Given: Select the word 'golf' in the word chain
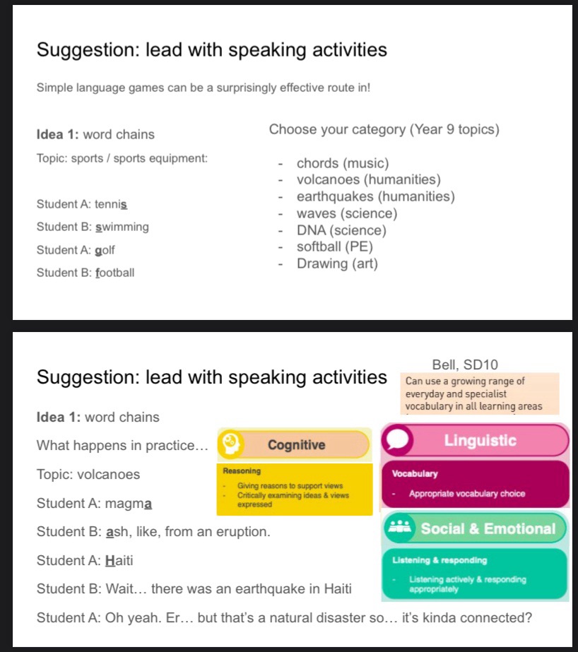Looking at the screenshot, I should coord(105,250).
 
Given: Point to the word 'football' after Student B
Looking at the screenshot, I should coord(115,273).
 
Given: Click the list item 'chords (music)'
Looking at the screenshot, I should coord(343,164).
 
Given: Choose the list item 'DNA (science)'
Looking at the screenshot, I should coord(341,230).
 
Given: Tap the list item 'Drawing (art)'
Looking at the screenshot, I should coord(337,264).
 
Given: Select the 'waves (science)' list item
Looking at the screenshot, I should coord(347,213).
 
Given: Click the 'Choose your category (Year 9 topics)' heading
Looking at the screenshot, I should coord(384,130).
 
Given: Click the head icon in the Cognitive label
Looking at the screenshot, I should coord(231,444).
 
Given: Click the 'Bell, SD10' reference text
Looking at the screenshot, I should coord(465,365).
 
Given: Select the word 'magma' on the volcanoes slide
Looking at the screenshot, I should coord(131,504).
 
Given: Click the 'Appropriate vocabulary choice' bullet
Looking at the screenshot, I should coord(466,494).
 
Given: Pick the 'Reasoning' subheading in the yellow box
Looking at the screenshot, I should coord(242,471).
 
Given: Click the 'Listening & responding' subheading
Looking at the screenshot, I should coord(439,561).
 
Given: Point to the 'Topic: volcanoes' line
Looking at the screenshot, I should coord(88,475).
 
